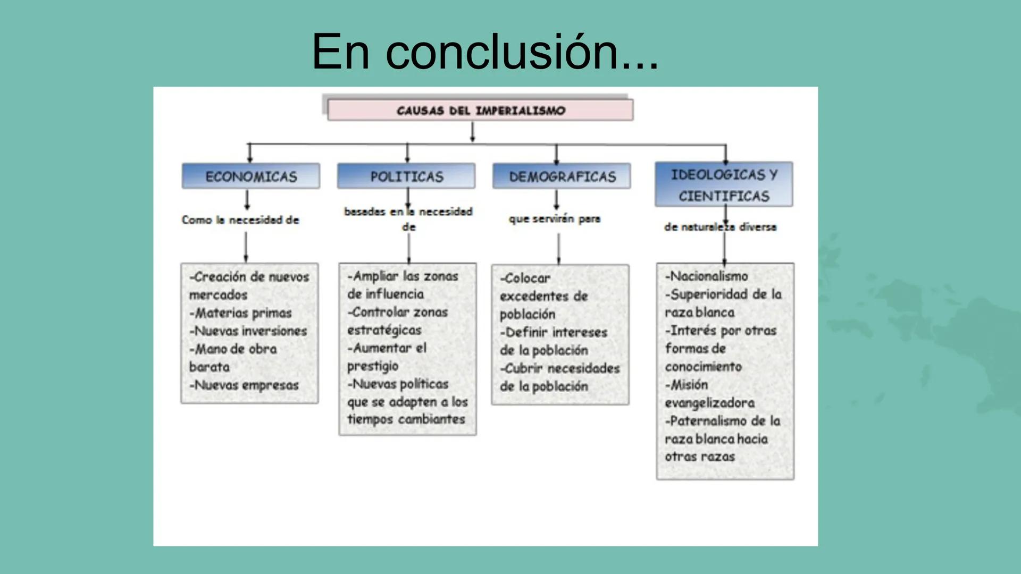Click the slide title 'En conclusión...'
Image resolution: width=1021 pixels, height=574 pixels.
(484, 52)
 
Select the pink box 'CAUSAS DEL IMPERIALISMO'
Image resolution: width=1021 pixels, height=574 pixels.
(480, 111)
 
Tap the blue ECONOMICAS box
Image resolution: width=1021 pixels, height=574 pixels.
(251, 176)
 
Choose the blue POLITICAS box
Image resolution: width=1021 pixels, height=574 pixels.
(407, 176)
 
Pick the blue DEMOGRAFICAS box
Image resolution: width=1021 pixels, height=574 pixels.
(562, 176)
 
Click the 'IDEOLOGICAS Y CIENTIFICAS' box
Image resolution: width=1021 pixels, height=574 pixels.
(724, 185)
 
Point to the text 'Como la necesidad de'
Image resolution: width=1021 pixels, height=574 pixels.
(240, 220)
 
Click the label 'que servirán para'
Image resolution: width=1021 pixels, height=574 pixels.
(554, 219)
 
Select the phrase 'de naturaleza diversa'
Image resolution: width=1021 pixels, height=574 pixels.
(720, 227)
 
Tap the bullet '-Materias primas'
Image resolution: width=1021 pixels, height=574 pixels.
(240, 313)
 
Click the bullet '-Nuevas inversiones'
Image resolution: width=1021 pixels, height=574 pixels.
(248, 331)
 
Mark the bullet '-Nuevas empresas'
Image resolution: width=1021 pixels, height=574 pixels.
(244, 385)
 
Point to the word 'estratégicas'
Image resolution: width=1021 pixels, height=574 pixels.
(384, 330)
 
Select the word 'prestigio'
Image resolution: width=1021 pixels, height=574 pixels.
(372, 366)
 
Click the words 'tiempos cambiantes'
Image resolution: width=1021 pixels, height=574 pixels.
(406, 419)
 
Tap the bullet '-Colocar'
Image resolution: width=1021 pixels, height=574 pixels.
(525, 278)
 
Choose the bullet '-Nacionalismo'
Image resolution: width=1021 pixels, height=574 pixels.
(706, 276)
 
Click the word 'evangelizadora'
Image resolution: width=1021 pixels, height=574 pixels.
(709, 403)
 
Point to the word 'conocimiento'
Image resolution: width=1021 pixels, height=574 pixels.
(703, 367)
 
